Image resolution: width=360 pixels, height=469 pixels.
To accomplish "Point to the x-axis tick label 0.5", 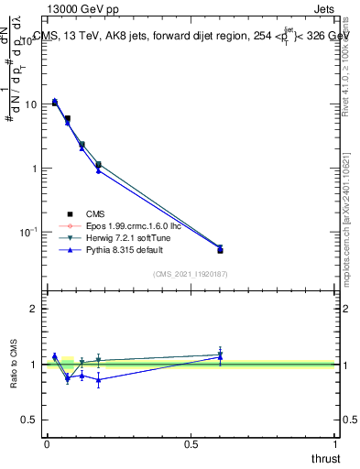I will point(191,442).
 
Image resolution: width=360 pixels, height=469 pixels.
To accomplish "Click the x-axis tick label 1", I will point(336,442).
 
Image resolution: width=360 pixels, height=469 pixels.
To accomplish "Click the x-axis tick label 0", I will point(47,442).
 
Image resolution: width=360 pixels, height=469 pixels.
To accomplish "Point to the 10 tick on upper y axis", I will point(30,104).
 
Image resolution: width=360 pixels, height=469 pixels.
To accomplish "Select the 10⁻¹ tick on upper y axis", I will point(28,233).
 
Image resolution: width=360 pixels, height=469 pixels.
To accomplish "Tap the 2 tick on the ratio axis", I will point(35,309).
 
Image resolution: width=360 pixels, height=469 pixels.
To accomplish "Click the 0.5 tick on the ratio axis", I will point(30,420).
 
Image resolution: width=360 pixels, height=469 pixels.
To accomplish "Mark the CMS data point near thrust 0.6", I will point(220,250).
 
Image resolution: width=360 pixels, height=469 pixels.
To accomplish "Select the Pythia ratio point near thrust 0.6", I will point(220,357).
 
